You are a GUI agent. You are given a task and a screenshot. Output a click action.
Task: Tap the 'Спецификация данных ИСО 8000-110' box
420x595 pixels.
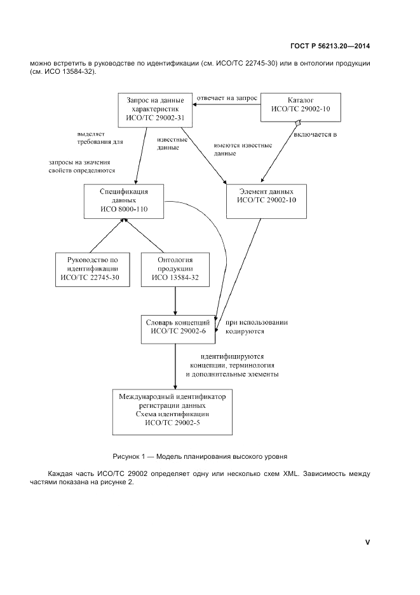(125, 201)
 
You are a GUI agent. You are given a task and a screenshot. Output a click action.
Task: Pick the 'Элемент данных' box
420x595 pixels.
(266, 201)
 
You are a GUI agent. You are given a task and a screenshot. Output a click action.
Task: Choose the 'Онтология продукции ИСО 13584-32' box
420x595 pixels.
(166, 269)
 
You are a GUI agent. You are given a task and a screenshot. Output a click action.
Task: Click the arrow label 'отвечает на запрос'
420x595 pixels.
(227, 99)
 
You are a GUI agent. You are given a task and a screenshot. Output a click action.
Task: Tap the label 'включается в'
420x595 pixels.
(315, 135)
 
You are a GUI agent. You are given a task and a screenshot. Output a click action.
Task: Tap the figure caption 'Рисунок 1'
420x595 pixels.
(200, 456)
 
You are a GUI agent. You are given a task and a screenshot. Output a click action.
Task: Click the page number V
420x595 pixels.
(367, 542)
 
